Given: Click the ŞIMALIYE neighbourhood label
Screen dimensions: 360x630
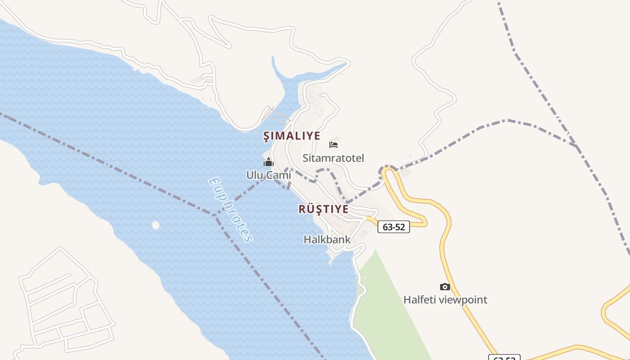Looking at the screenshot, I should pos(292,135).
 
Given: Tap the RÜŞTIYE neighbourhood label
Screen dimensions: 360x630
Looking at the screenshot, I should pos(323,209).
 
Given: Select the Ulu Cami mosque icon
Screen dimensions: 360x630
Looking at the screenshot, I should pos(269,162).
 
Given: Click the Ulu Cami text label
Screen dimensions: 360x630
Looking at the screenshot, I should pos(269,175).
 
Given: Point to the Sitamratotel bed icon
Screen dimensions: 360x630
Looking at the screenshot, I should pos(333,144).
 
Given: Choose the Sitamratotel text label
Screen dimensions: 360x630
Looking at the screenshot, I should pos(333,158).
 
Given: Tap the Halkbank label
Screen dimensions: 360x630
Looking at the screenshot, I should pos(327,239).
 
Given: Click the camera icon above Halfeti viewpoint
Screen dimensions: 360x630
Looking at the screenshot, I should pos(445,287).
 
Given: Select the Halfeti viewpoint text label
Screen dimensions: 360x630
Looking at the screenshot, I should pos(445,300).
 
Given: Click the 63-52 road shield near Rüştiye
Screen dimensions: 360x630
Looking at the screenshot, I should pos(393,227).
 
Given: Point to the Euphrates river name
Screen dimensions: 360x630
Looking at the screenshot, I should pos(230,210).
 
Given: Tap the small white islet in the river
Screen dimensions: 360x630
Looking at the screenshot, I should pos(156,225).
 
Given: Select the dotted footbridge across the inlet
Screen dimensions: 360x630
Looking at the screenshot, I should pos(276,115).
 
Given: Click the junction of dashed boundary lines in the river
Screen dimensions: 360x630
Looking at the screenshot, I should pos(215,215).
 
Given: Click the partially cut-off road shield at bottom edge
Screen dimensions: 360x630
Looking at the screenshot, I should pos(504,358).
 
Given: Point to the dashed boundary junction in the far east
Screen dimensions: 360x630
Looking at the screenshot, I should pos(576,146).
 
